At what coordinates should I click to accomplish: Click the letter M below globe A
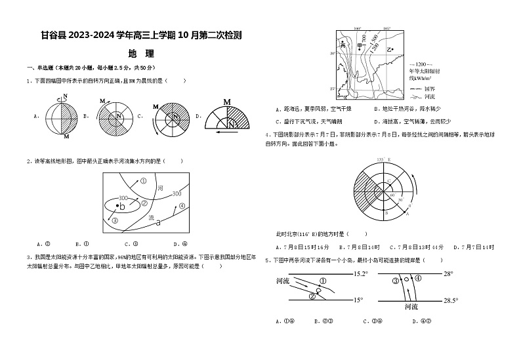tap(67, 138)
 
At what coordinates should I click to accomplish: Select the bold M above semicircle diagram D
tap(226, 102)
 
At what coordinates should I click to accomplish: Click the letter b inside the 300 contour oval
tap(121, 207)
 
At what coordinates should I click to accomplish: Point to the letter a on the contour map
tap(158, 223)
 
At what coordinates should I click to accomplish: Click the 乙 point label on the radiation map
tap(390, 49)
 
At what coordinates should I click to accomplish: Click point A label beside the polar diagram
tap(408, 214)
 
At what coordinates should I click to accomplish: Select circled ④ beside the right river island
tap(418, 279)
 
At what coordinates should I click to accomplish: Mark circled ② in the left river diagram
tap(312, 296)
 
